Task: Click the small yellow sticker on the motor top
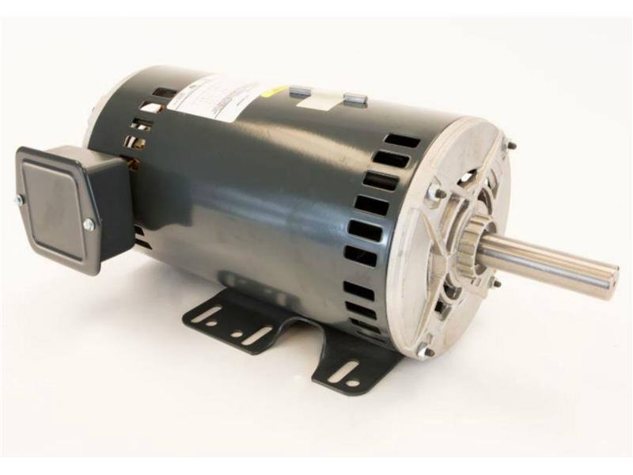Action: click(x=275, y=93)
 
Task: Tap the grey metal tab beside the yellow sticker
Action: click(x=300, y=92)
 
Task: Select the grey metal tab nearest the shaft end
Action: click(x=355, y=100)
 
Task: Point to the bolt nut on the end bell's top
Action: click(x=434, y=192)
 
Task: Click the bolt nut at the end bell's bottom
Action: click(x=425, y=349)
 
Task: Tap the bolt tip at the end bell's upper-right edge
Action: click(x=510, y=145)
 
